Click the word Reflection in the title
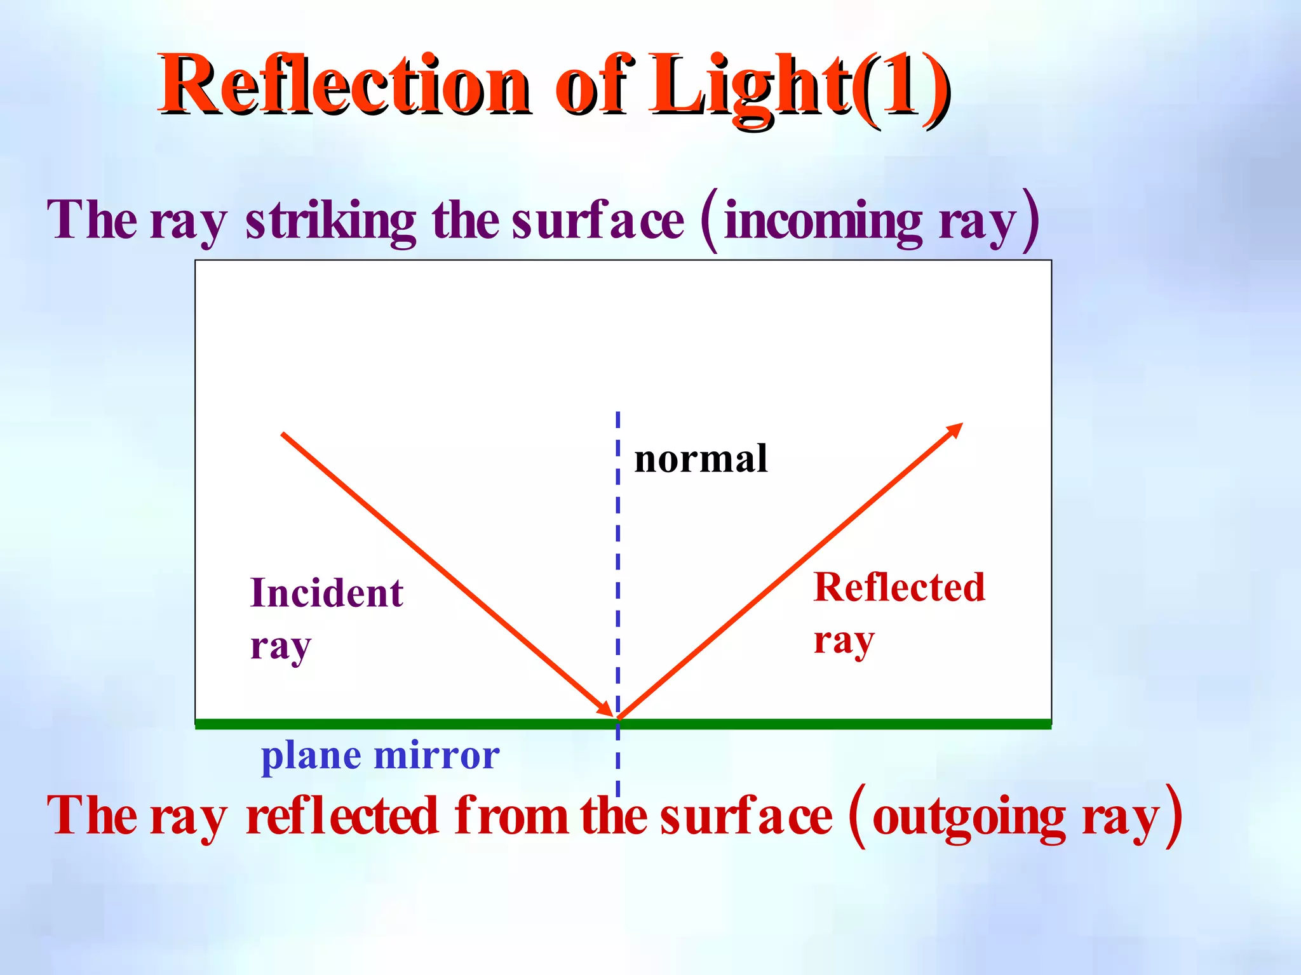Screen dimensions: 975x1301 pyautogui.click(x=343, y=86)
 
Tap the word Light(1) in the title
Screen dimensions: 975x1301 pyautogui.click(x=797, y=86)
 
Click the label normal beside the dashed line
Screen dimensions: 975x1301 pyautogui.click(x=701, y=459)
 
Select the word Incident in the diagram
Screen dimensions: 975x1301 pyautogui.click(x=327, y=594)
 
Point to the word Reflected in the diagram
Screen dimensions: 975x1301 pyautogui.click(x=899, y=588)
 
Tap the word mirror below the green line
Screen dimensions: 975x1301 pyautogui.click(x=437, y=755)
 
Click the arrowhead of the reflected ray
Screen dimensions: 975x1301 pyautogui.click(x=956, y=429)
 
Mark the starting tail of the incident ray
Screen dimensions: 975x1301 pyautogui.click(x=283, y=434)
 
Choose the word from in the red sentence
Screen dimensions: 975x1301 pyautogui.click(x=511, y=816)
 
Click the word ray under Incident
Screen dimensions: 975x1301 pyautogui.click(x=280, y=647)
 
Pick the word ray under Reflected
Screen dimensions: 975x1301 pyautogui.click(x=844, y=641)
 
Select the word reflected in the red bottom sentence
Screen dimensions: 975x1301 pyautogui.click(x=342, y=816)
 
